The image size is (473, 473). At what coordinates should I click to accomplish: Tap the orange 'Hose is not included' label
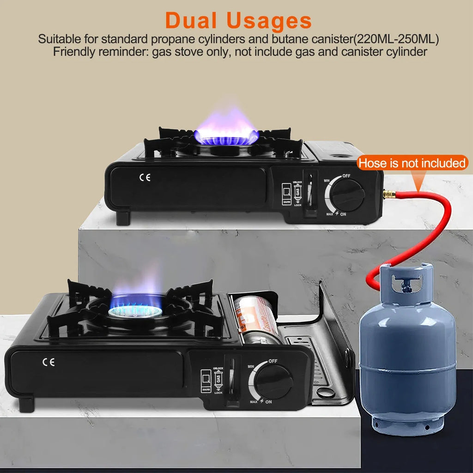point(412,163)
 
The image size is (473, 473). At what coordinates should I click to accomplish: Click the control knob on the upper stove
point(347,194)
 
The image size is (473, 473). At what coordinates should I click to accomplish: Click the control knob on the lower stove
point(274,382)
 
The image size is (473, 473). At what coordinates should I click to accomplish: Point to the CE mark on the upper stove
point(145,177)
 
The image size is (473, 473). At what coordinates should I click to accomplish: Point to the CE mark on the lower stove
point(48,362)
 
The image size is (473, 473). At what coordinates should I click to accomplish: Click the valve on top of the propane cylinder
point(406,282)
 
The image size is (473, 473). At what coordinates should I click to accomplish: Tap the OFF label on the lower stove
point(273,361)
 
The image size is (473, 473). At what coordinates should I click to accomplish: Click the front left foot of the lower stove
point(26,404)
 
